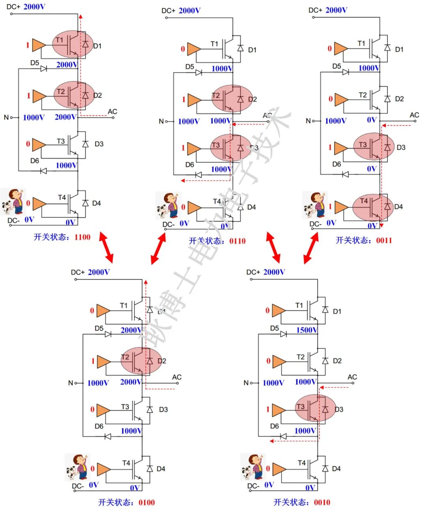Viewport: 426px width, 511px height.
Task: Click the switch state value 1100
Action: coord(82,237)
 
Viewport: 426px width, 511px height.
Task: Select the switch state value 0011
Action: coord(384,241)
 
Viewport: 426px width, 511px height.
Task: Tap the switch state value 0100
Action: coord(146,502)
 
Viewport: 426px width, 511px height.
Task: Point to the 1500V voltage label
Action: coord(306,330)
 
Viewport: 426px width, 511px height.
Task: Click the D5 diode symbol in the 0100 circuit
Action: coord(108,334)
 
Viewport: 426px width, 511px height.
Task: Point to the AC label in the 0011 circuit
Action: coord(414,115)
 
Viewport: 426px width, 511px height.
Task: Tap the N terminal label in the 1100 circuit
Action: coord(6,117)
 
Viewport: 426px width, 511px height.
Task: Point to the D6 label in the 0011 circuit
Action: coord(336,164)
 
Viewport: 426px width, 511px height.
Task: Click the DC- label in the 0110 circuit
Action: coord(168,225)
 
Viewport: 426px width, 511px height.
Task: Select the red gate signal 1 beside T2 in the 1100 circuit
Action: coord(28,96)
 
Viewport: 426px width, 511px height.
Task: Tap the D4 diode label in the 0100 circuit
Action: coord(161,469)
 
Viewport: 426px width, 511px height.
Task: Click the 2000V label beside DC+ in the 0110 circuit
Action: coord(189,11)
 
